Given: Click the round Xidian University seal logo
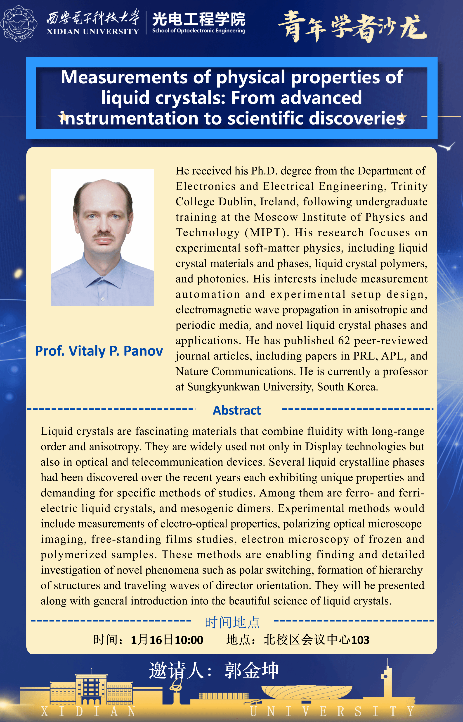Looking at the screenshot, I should [19, 24].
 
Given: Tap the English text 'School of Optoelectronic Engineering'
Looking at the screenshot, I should [198, 31].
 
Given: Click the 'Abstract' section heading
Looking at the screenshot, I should [237, 410].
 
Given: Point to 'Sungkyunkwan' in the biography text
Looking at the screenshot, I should [223, 387].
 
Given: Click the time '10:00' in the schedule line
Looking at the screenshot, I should [189, 640].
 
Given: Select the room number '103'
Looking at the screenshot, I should [360, 640].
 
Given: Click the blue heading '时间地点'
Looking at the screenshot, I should [232, 622].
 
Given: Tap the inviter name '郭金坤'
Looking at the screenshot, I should [252, 671].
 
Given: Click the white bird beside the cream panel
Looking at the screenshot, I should [447, 147].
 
